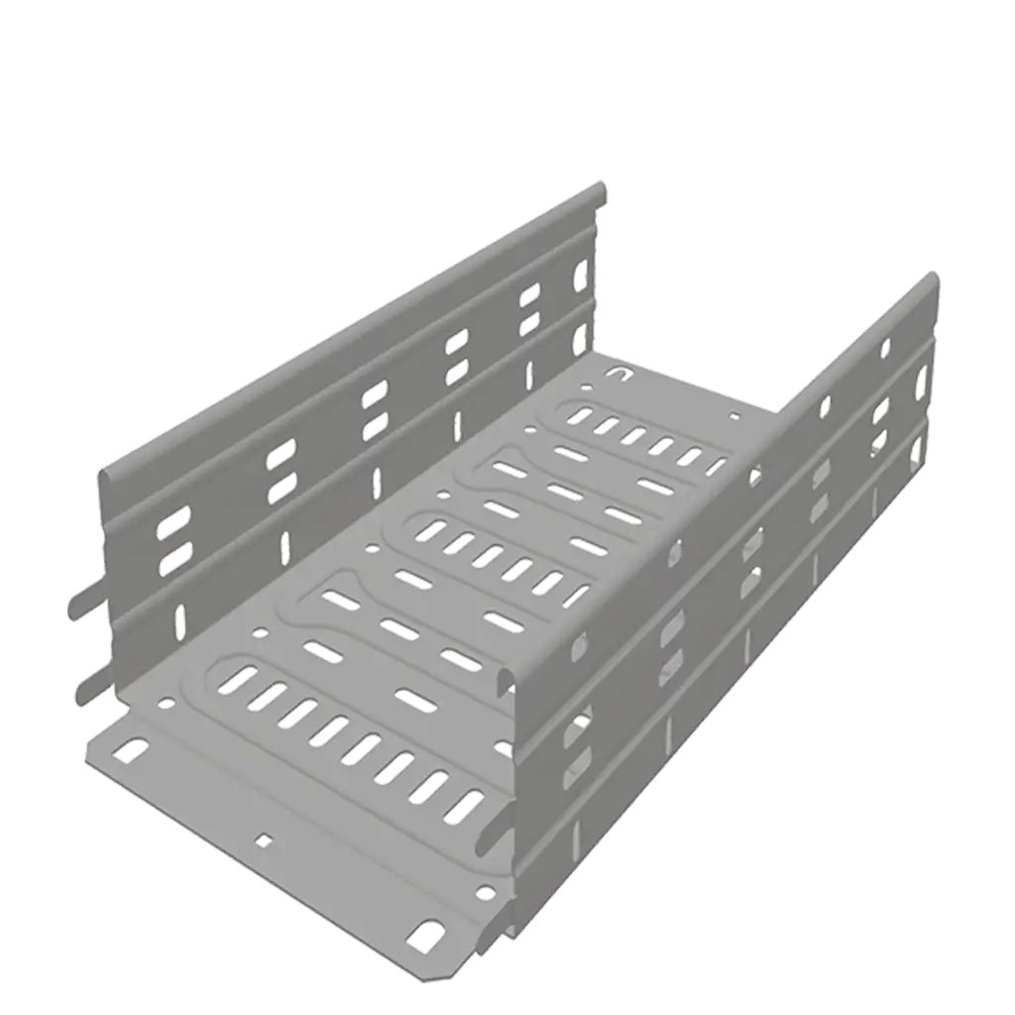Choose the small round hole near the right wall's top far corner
click(885, 347)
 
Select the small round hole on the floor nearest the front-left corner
click(165, 702)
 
